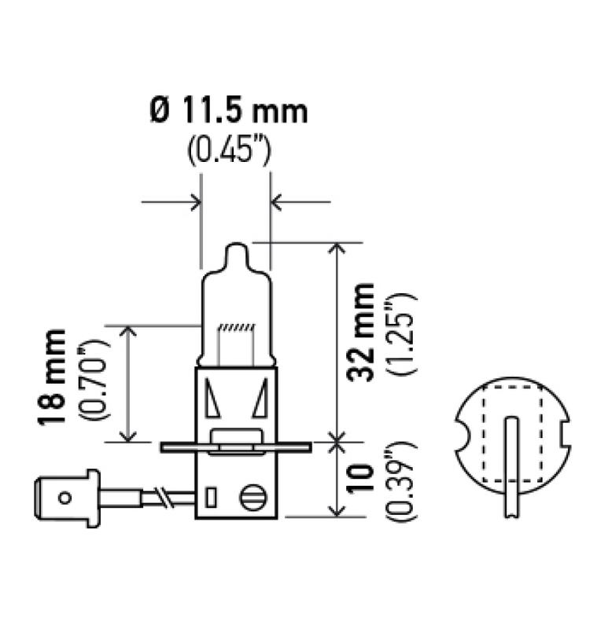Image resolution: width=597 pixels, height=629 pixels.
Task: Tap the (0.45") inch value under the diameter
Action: (x=230, y=149)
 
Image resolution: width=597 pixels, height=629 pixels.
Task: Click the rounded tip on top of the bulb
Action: (x=236, y=256)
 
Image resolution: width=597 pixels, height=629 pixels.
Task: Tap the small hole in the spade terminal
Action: (x=65, y=497)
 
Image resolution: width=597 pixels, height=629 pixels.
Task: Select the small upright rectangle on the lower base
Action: (x=210, y=498)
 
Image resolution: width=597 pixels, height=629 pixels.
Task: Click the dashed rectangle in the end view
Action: (x=514, y=436)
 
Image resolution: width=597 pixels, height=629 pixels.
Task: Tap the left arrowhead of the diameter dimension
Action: (x=194, y=203)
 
